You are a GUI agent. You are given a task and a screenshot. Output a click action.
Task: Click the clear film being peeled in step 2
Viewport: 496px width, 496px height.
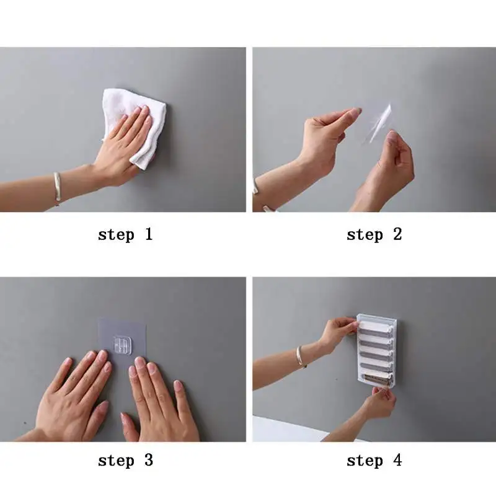pyautogui.click(x=378, y=124)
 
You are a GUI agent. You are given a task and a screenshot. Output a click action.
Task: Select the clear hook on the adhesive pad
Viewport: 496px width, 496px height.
pyautogui.click(x=122, y=345)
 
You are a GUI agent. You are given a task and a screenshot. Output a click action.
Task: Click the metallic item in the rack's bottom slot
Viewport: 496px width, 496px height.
pyautogui.click(x=375, y=379)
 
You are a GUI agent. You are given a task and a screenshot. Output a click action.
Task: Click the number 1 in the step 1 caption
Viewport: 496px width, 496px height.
pyautogui.click(x=149, y=234)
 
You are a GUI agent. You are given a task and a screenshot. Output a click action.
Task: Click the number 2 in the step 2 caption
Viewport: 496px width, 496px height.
pyautogui.click(x=397, y=234)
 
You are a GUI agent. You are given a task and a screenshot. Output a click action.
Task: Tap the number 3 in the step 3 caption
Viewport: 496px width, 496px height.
pyautogui.click(x=149, y=460)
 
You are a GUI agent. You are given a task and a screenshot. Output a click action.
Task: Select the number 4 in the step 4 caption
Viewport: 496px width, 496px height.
pyautogui.click(x=397, y=460)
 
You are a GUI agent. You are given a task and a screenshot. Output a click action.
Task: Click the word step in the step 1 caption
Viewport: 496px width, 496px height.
pyautogui.click(x=116, y=236)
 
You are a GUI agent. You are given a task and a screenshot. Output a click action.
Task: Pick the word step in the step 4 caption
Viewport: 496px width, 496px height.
pyautogui.click(x=365, y=461)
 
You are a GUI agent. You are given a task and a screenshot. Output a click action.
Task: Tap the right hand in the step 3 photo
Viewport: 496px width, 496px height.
pyautogui.click(x=158, y=402)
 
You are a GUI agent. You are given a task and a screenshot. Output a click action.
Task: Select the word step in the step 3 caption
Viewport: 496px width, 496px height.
pyautogui.click(x=116, y=461)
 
